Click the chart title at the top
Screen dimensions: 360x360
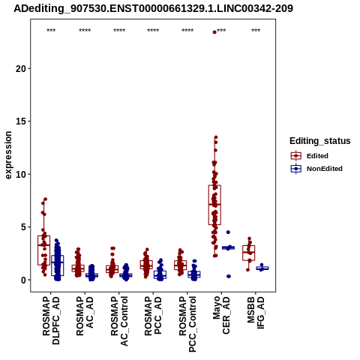(153, 9)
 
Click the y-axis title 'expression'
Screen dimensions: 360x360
(8, 155)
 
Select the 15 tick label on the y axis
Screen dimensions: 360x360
(22, 121)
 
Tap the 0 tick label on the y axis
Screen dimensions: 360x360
(24, 280)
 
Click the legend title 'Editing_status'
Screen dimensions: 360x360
(320, 141)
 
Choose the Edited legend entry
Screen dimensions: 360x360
(310, 156)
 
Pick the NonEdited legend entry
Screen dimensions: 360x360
(316, 169)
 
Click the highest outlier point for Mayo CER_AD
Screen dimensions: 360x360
(214, 32)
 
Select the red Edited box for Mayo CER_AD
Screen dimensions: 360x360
(214, 205)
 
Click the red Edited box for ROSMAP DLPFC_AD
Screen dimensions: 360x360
(43, 250)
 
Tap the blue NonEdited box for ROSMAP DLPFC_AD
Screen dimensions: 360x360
(58, 265)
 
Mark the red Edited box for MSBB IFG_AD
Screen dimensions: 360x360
(249, 253)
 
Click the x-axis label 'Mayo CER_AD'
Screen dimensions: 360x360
(221, 315)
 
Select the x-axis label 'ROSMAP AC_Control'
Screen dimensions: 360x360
(119, 321)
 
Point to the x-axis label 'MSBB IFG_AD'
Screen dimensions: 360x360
(256, 313)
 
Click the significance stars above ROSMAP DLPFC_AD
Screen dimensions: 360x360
(51, 31)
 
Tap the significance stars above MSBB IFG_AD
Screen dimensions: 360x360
(256, 31)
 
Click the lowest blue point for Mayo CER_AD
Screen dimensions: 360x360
(229, 276)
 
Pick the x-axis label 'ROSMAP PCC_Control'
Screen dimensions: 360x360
(187, 324)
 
